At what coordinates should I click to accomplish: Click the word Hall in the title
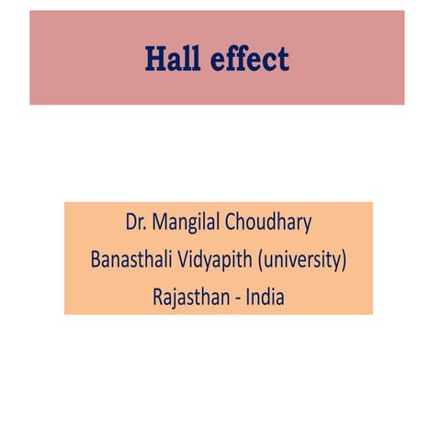pyautogui.click(x=170, y=59)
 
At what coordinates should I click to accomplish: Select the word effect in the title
pyautogui.click(x=248, y=59)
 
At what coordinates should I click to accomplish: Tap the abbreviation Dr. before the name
pyautogui.click(x=138, y=223)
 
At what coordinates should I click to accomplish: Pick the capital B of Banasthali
pyautogui.click(x=96, y=260)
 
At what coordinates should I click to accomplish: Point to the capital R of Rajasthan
pyautogui.click(x=158, y=297)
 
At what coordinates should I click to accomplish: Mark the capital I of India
pyautogui.click(x=249, y=297)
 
